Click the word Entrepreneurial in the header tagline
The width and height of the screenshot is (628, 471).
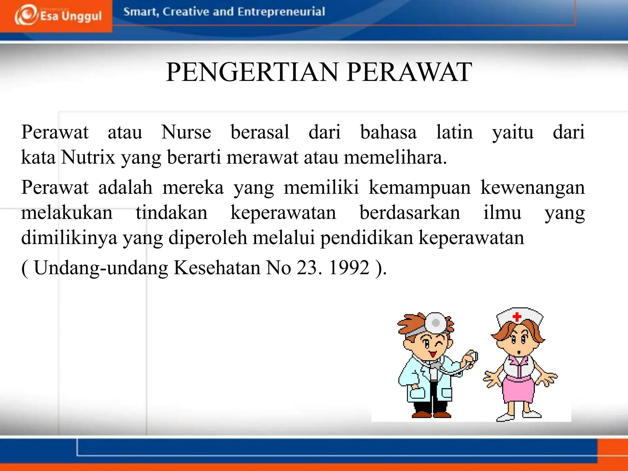[281, 12]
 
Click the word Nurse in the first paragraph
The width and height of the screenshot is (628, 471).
[186, 132]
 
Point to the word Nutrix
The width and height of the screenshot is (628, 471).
[88, 157]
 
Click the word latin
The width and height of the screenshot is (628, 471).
[454, 132]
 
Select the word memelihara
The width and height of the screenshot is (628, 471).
[395, 157]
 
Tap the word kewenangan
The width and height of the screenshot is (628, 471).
[532, 187]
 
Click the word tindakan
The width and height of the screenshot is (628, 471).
[171, 213]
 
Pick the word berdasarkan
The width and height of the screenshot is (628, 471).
[409, 213]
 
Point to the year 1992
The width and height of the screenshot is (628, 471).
[349, 268]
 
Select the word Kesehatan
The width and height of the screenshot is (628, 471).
[217, 268]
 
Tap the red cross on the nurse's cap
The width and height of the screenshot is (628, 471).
[517, 317]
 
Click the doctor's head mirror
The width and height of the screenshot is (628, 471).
[436, 323]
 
